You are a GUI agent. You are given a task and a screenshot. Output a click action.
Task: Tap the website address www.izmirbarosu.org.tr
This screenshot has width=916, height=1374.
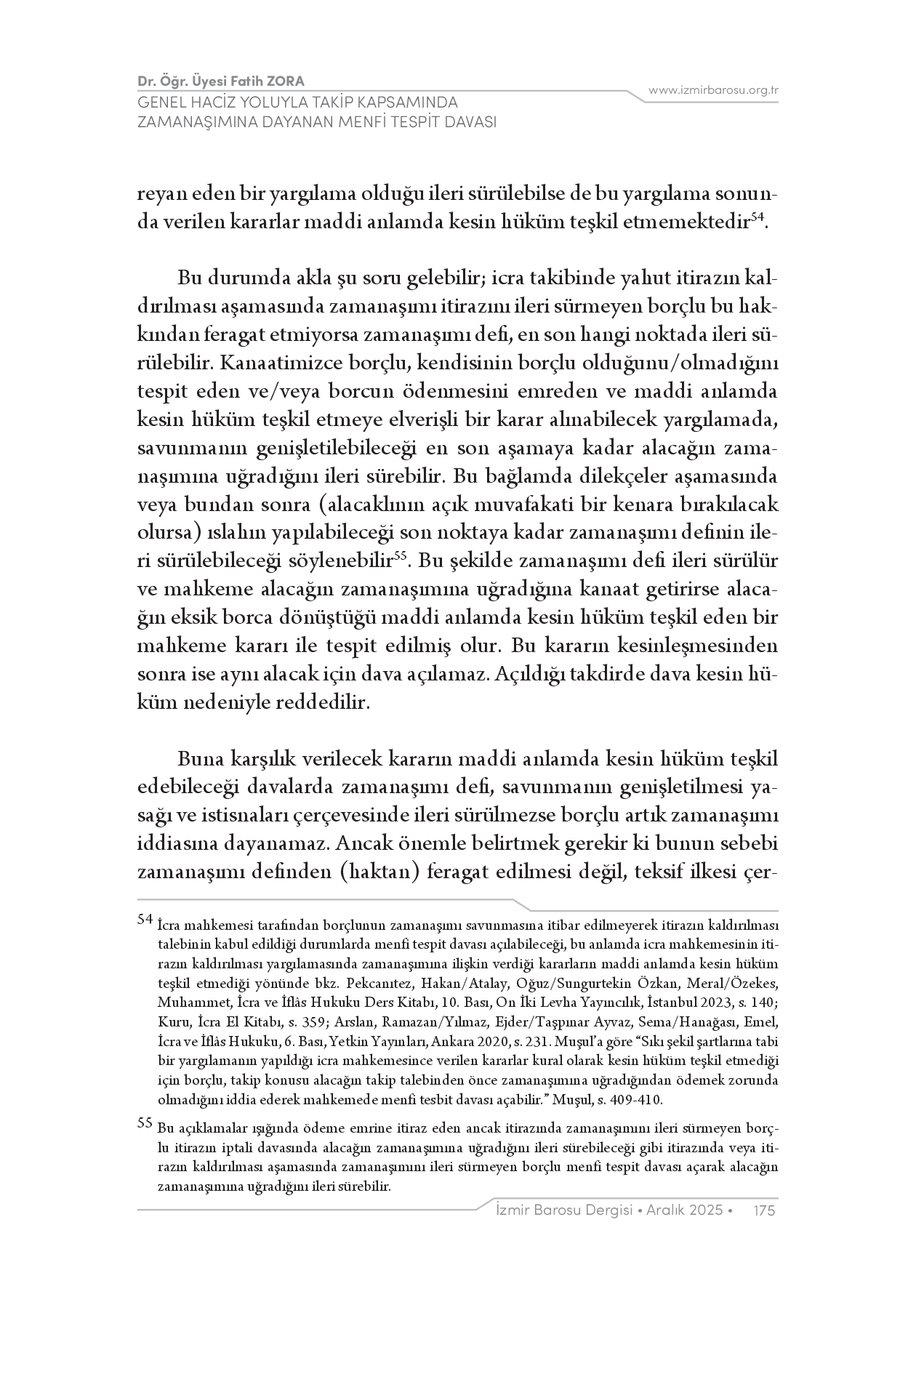tap(713, 90)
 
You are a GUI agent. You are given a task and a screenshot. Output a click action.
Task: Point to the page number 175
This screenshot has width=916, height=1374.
tap(765, 1210)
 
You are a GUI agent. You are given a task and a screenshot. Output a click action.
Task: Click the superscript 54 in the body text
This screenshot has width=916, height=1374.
tap(757, 216)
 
